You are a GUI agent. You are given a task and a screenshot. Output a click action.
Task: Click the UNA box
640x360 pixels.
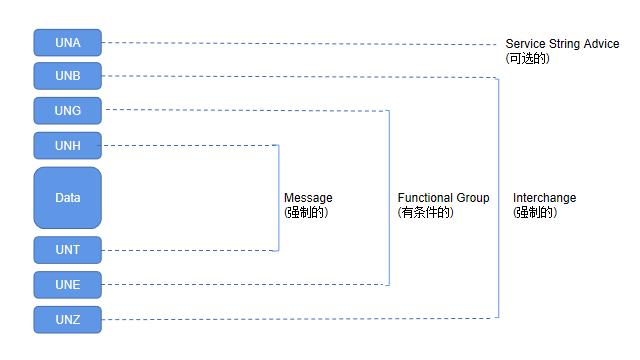(67, 42)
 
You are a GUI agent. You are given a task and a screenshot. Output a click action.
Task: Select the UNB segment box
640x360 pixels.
(67, 76)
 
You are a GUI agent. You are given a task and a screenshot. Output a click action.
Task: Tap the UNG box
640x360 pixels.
(67, 110)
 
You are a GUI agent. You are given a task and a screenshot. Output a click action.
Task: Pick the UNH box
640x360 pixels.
(67, 145)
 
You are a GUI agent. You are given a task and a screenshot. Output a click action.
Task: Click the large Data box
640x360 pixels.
(67, 197)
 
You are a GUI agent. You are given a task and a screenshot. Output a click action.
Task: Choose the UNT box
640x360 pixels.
(67, 250)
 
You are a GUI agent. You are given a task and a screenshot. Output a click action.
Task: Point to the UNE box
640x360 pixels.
(67, 285)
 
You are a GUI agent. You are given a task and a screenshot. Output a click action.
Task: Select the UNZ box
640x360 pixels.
(67, 319)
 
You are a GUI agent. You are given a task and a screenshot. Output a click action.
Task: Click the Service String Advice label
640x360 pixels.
(562, 44)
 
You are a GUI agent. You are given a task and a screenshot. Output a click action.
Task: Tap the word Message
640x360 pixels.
(308, 198)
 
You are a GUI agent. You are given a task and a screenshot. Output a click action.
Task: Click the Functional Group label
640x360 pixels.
(443, 198)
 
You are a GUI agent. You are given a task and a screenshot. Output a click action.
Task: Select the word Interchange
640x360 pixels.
(544, 198)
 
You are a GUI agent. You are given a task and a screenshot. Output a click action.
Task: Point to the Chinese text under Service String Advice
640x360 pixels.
(528, 59)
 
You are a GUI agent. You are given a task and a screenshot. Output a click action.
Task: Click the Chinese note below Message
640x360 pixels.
(306, 212)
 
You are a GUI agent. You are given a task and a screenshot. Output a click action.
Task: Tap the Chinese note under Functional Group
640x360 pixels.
(426, 212)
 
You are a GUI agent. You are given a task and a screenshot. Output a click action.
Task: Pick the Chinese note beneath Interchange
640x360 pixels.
(535, 212)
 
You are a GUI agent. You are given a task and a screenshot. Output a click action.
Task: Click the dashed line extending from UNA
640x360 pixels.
(300, 43)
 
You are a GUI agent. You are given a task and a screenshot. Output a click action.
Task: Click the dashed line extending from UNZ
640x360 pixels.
(300, 319)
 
